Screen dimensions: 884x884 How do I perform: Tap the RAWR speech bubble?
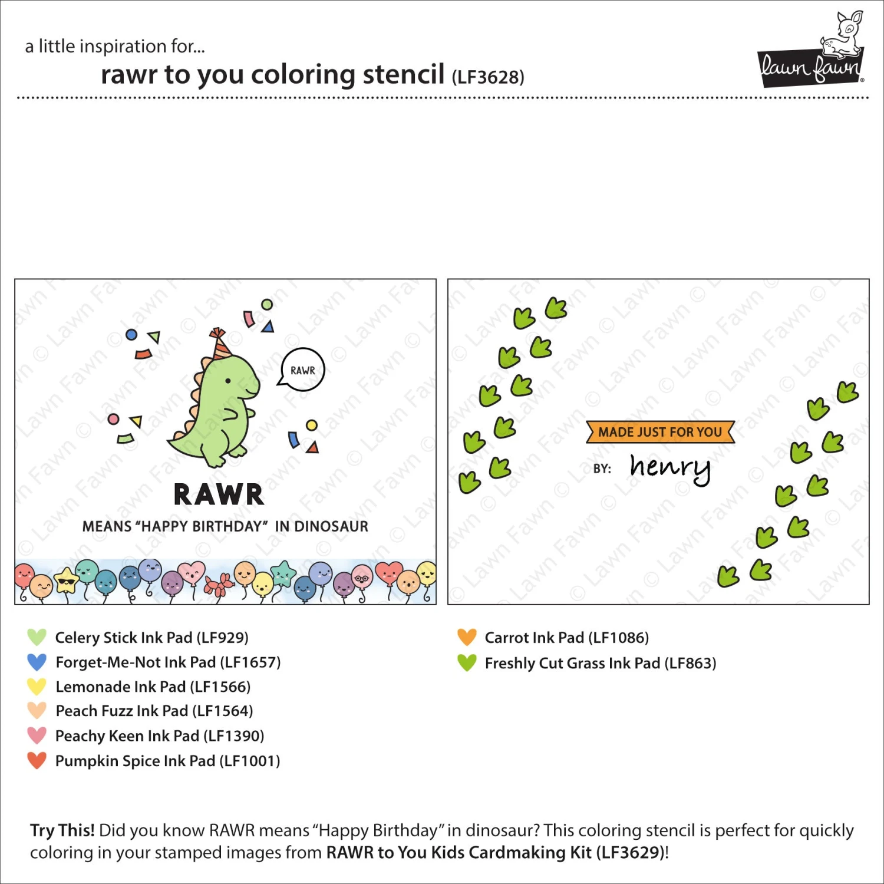(302, 370)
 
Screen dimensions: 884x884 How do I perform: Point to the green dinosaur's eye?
(229, 381)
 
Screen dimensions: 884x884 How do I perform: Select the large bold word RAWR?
(219, 494)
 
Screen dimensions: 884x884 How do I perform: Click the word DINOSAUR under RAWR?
(331, 526)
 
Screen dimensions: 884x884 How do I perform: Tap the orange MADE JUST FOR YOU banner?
(660, 432)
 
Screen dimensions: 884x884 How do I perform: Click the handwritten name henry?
(670, 468)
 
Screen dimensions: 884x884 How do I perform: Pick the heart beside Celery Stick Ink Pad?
(37, 637)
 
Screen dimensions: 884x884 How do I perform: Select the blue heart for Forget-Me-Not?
(37, 662)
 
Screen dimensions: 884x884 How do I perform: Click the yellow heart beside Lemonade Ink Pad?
(37, 687)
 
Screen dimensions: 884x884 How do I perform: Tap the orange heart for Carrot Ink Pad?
(466, 637)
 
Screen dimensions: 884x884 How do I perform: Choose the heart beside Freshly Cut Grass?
(466, 662)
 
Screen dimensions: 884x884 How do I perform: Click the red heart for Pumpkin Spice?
(37, 760)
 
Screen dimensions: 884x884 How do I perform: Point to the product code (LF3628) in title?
(488, 77)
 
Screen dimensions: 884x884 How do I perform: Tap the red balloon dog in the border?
(219, 585)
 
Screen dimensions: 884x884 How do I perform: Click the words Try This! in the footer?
(62, 830)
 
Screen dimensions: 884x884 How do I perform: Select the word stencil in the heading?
(403, 75)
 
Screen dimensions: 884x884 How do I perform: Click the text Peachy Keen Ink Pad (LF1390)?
(159, 735)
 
